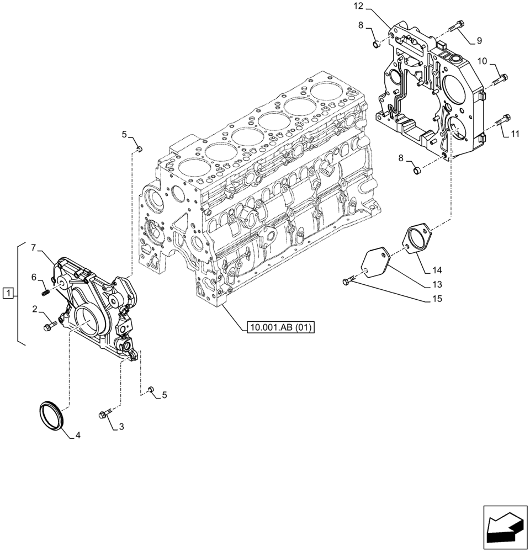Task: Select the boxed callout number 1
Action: (x=8, y=293)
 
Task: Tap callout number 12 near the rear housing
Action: (x=359, y=7)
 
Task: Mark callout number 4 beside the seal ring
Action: (x=78, y=435)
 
